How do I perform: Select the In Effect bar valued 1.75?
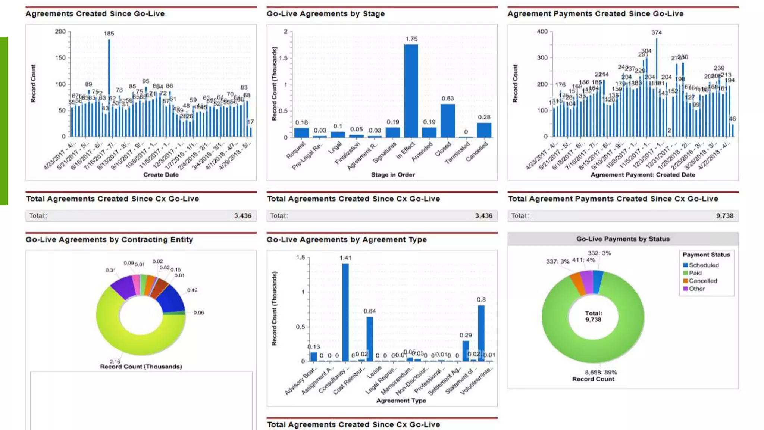tap(411, 91)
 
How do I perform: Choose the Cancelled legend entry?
tap(702, 281)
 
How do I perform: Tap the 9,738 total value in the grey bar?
tap(724, 216)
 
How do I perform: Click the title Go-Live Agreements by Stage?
tap(325, 14)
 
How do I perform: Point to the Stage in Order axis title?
tap(392, 175)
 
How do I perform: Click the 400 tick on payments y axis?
tap(542, 31)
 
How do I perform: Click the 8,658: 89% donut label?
tap(601, 372)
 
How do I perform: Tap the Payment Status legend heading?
tap(706, 255)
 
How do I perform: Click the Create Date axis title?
tap(161, 175)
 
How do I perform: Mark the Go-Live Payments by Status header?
tap(623, 239)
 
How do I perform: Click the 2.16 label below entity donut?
tap(115, 361)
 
